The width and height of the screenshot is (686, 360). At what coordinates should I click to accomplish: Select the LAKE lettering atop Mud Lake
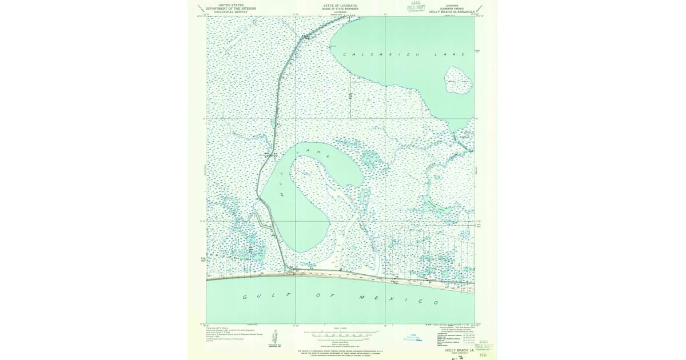coord(317,153)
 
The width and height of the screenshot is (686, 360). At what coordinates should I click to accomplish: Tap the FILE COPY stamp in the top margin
coord(417,7)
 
